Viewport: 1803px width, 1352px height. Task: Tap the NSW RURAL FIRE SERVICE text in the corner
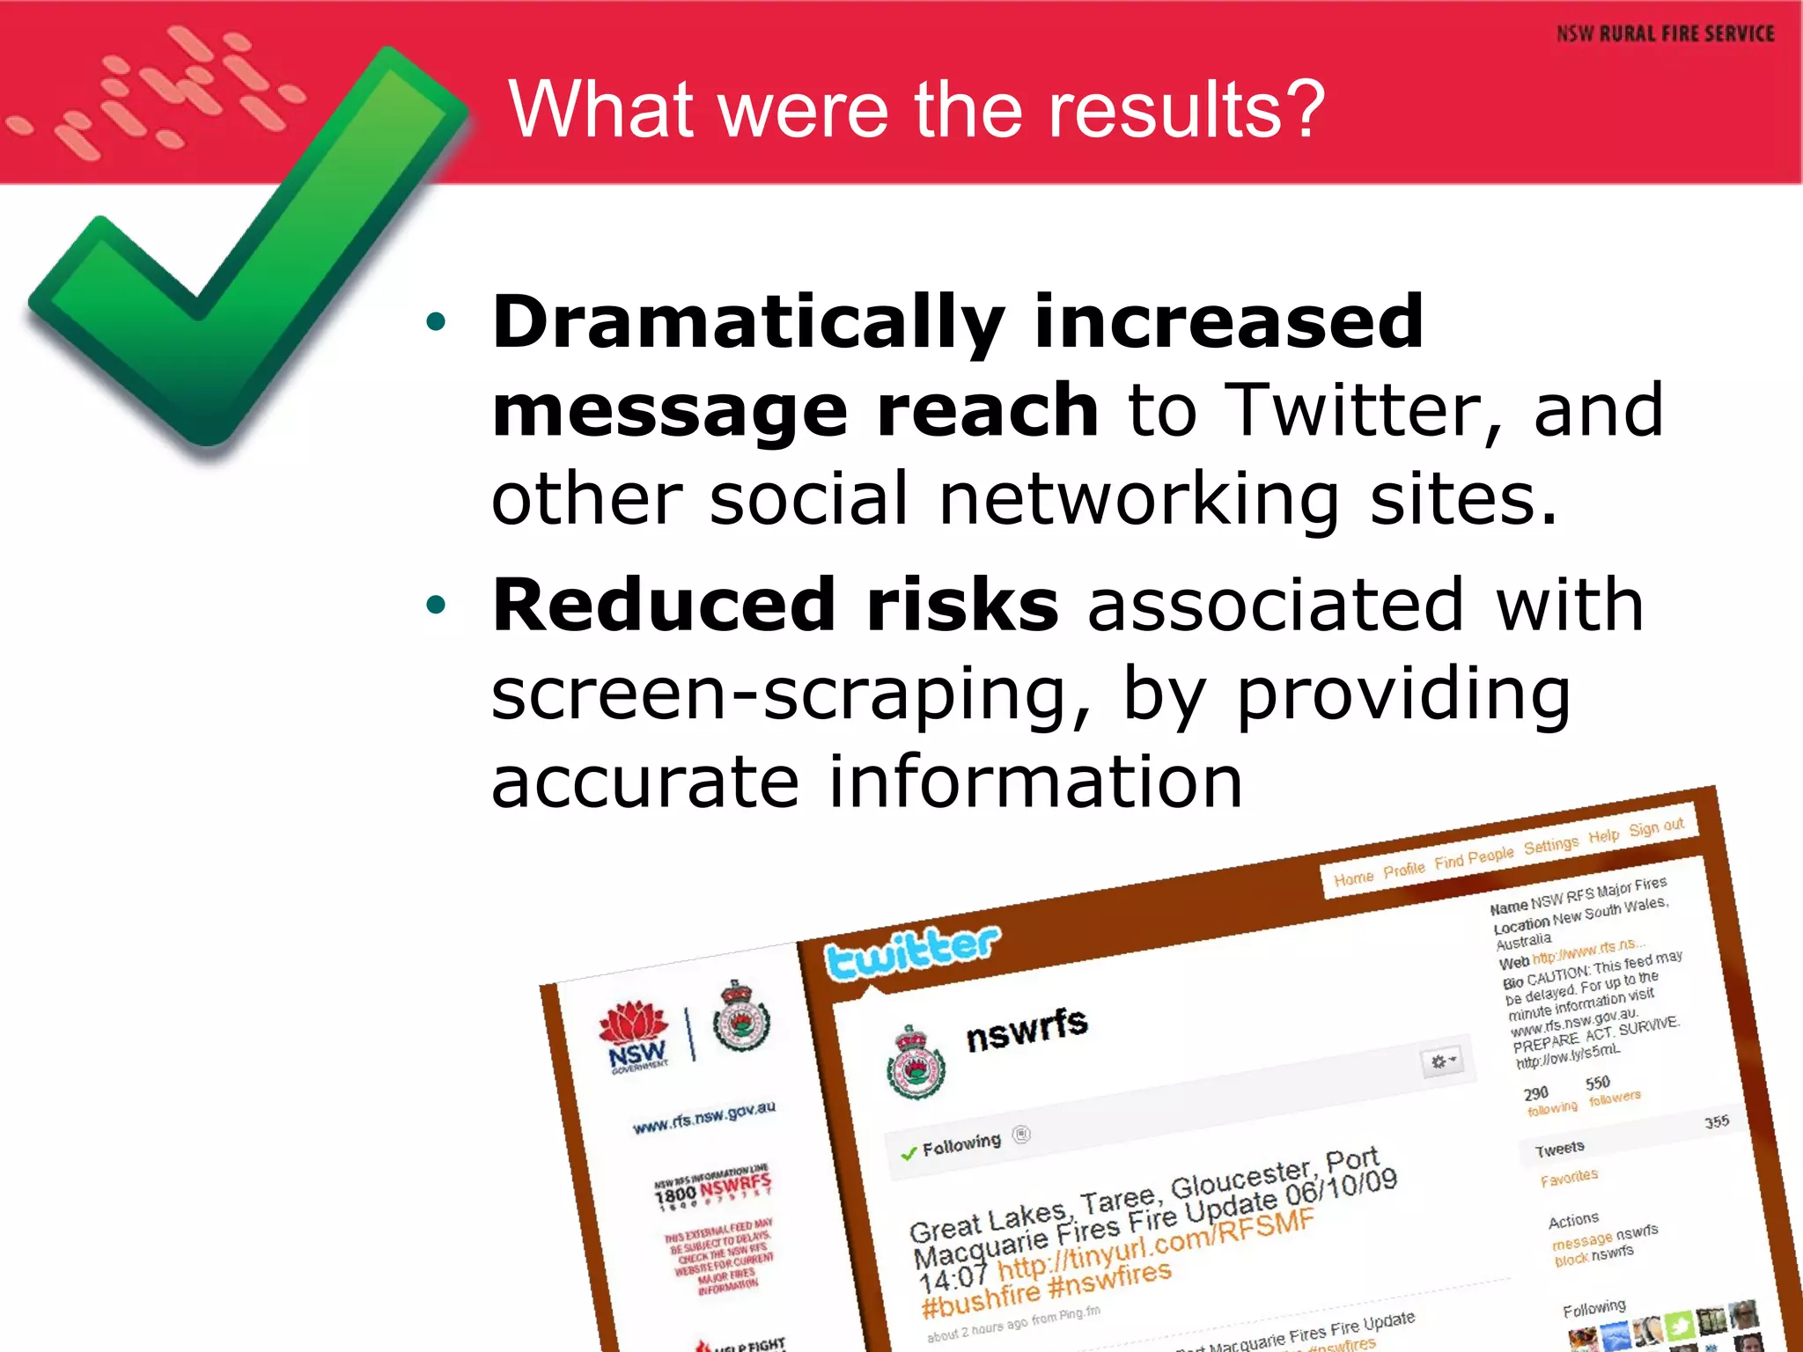[1665, 34]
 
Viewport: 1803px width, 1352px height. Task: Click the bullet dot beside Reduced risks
[435, 606]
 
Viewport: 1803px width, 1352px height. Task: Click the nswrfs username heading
[1027, 1028]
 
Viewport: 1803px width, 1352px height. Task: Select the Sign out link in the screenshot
[1656, 827]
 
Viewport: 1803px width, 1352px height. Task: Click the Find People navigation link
[1474, 857]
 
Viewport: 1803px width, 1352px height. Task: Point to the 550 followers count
[1597, 1083]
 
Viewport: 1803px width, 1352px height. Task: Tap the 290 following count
[1535, 1093]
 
